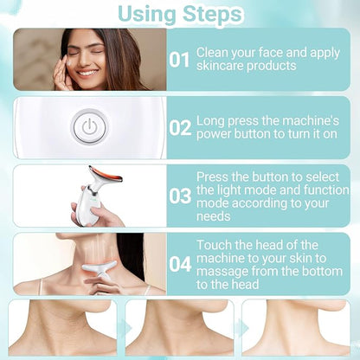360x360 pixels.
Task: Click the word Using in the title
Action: tap(147, 14)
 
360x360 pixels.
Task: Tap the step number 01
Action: tap(179, 60)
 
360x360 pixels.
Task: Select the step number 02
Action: tap(180, 128)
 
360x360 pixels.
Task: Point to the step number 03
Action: tap(180, 196)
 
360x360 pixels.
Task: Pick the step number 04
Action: tap(180, 264)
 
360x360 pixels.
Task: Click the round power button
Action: tap(90, 127)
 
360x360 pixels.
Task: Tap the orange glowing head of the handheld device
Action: tap(106, 174)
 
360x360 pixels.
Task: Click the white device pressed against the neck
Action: tap(99, 269)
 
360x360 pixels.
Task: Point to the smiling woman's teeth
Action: tap(87, 73)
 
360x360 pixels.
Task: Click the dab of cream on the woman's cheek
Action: tap(70, 63)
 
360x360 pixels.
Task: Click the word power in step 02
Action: tap(214, 134)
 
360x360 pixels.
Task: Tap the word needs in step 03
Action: tap(214, 216)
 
